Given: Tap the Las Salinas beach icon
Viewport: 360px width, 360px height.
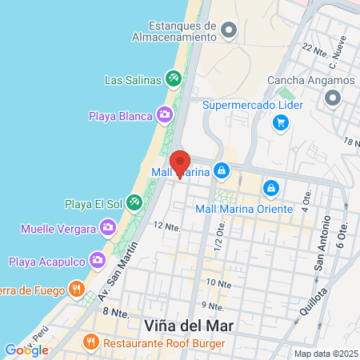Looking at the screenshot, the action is [172, 78].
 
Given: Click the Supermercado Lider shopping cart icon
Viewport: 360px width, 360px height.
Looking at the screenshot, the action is [280, 122].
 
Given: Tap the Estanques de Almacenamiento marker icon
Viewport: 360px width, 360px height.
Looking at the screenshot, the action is [230, 31].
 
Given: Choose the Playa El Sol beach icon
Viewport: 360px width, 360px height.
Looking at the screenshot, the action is [135, 203].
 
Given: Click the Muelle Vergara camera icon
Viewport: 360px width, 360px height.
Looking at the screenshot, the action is [106, 230].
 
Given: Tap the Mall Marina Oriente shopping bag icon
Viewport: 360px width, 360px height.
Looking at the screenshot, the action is [271, 188].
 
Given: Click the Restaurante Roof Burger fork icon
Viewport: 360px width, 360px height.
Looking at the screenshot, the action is [91, 342].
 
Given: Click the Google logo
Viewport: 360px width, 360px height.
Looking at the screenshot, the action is [26, 350].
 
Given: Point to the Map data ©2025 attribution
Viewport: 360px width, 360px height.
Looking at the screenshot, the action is [326, 354].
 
